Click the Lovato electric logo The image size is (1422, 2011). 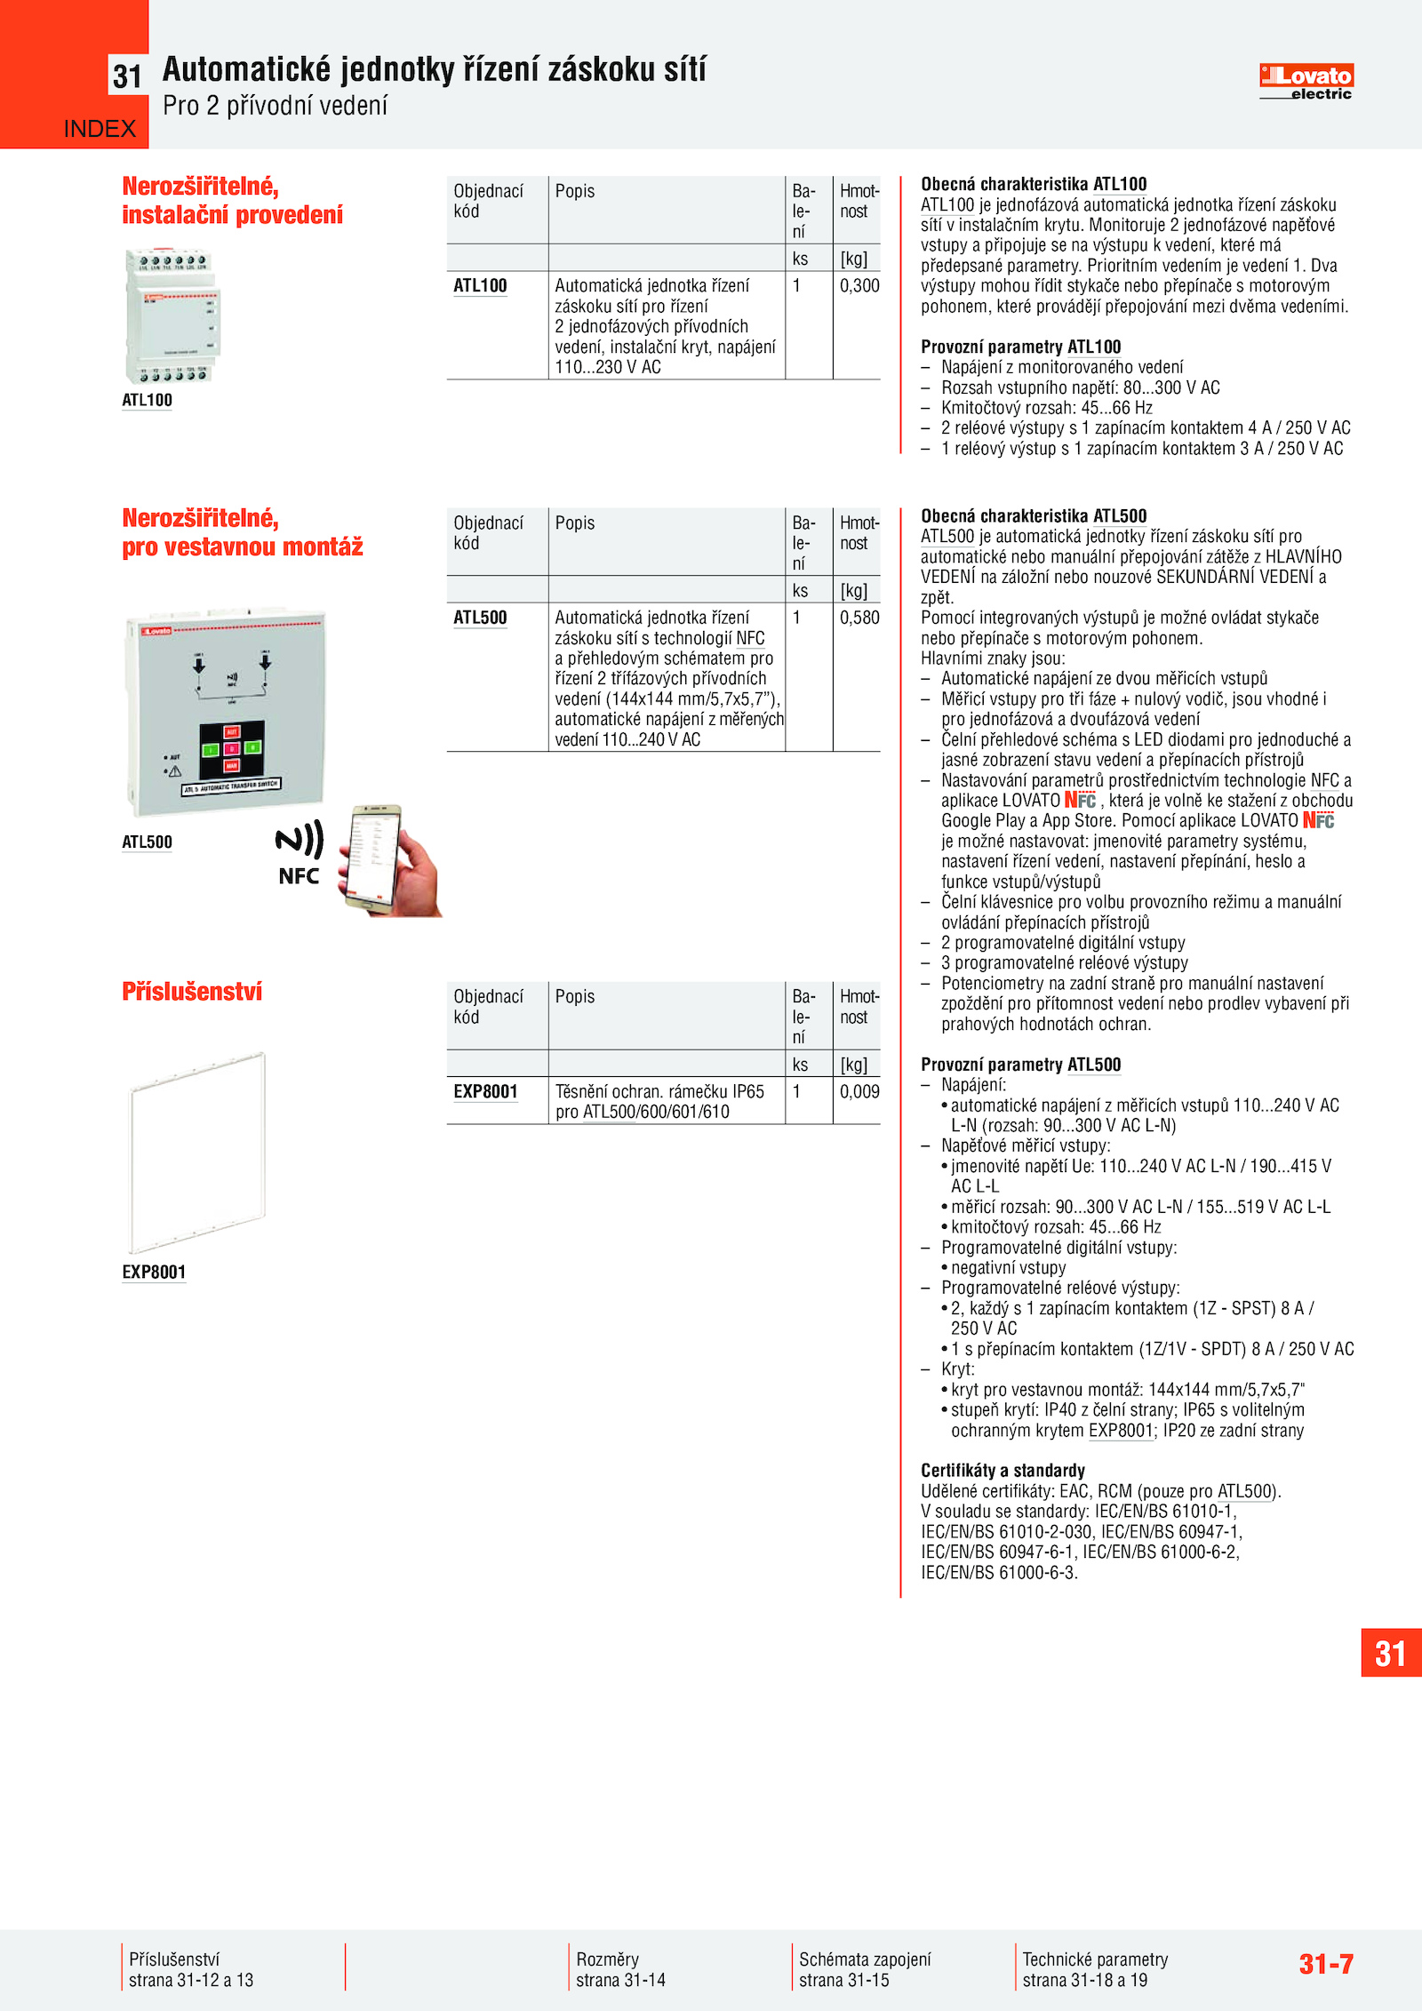(x=1306, y=82)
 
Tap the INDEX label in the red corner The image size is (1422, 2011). (x=100, y=129)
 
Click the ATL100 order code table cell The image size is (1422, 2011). (x=480, y=286)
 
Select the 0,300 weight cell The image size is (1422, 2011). (x=859, y=286)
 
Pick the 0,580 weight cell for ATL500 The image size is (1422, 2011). (x=859, y=618)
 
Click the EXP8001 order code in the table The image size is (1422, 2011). (x=485, y=1091)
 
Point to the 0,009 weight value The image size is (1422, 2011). (x=859, y=1091)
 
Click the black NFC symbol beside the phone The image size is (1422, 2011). (x=299, y=852)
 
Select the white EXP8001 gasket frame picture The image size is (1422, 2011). (x=197, y=1152)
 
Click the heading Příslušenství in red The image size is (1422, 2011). (x=192, y=992)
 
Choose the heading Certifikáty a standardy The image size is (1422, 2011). (x=1003, y=1471)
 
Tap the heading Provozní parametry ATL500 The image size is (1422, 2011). (x=1020, y=1065)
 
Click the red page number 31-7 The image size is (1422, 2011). (x=1325, y=1964)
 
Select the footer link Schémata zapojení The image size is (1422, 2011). (x=865, y=1959)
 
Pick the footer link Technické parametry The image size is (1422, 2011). (x=1095, y=1959)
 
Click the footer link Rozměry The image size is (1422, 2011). (x=607, y=1959)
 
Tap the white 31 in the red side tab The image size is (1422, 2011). (x=1390, y=1654)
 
